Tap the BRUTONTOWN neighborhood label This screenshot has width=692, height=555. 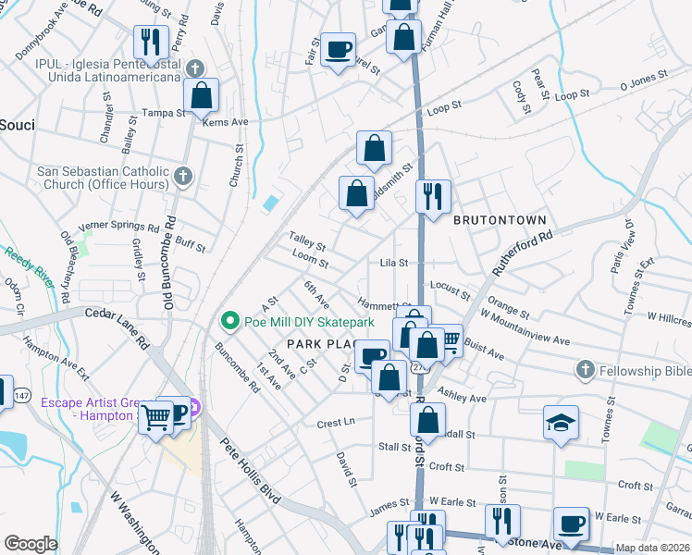[x=500, y=220]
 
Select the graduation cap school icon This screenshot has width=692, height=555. [x=561, y=423]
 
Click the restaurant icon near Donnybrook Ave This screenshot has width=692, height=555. [x=148, y=42]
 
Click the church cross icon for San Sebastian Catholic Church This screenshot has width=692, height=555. [x=183, y=176]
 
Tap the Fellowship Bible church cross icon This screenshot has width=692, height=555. [x=584, y=371]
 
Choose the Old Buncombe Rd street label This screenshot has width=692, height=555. [x=169, y=261]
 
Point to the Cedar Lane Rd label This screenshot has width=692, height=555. [x=117, y=327]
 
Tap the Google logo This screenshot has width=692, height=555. [x=31, y=544]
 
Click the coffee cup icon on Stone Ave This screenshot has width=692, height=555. [x=570, y=524]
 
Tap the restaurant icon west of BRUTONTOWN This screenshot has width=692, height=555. [x=432, y=196]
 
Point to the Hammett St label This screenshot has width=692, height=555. [x=385, y=305]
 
